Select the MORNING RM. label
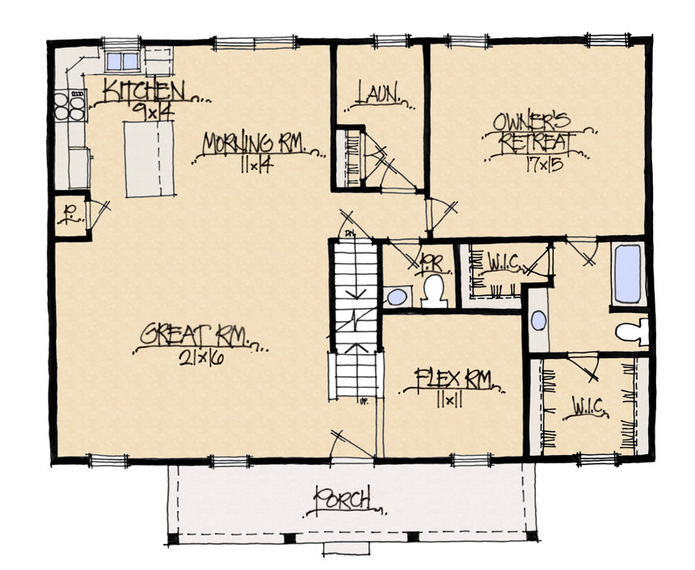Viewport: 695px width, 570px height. (253, 144)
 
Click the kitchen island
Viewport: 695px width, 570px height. (150, 158)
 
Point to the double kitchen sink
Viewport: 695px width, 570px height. (123, 61)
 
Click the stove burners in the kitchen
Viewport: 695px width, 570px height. (69, 106)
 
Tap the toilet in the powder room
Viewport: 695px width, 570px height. (434, 289)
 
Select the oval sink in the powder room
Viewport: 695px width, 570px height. (396, 297)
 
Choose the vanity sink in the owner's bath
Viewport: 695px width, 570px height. (538, 320)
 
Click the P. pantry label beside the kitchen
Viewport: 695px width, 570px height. (70, 215)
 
